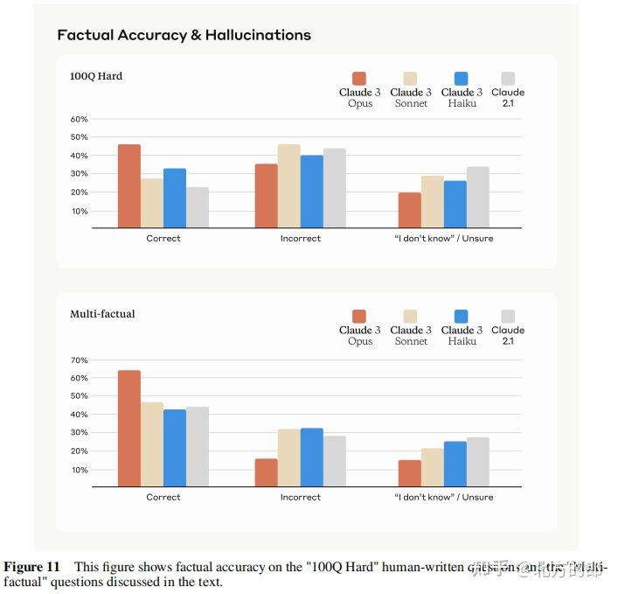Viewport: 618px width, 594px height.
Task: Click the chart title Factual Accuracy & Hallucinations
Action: point(184,35)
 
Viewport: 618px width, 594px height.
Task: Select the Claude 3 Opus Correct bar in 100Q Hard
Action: point(129,185)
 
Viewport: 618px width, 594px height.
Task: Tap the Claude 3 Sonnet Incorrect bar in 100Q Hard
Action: point(288,185)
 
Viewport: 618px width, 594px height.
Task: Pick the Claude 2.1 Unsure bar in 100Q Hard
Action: point(477,197)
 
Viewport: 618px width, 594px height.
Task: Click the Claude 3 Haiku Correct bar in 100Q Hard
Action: point(175,198)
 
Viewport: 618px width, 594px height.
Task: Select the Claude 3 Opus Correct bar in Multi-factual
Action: point(129,429)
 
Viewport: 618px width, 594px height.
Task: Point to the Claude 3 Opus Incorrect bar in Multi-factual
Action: point(266,472)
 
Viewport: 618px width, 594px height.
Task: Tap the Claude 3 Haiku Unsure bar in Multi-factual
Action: point(455,464)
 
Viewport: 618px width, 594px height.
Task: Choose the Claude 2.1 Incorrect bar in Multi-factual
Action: point(334,461)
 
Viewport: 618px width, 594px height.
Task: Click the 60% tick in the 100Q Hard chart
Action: point(79,119)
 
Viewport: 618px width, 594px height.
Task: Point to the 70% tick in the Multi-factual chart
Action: point(79,360)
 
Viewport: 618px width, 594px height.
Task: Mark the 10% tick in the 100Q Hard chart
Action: point(79,212)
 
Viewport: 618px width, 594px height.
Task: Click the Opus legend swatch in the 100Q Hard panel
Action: point(359,78)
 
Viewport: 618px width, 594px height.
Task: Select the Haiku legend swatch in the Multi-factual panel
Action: point(462,316)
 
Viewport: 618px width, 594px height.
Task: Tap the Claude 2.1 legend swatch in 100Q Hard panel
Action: point(508,78)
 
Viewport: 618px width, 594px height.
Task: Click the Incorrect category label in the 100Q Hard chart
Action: point(300,238)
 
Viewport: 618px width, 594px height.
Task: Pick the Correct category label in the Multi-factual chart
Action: point(163,497)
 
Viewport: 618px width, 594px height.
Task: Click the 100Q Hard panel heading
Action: point(96,76)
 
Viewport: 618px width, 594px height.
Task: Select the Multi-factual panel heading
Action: point(102,314)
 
